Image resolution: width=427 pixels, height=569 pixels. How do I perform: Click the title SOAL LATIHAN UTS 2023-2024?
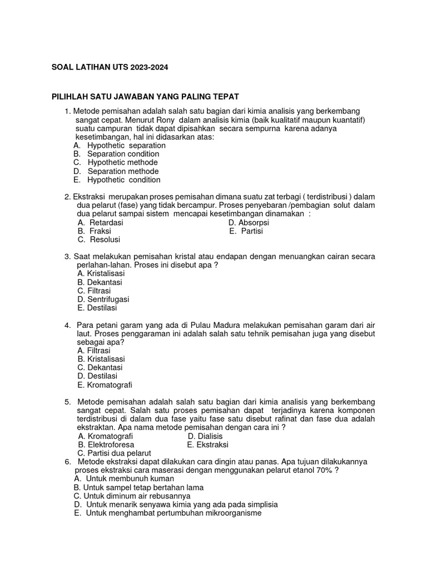109,67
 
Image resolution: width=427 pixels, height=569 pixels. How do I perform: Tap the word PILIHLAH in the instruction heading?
69,97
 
